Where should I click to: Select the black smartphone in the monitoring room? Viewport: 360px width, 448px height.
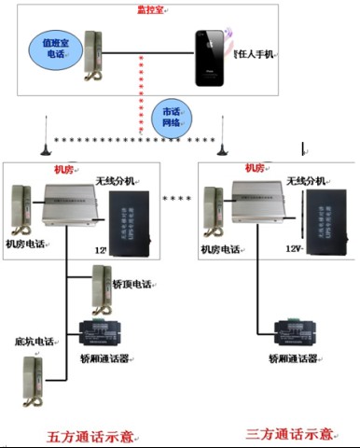pos(213,58)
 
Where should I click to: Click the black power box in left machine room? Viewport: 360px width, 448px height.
pos(130,222)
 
